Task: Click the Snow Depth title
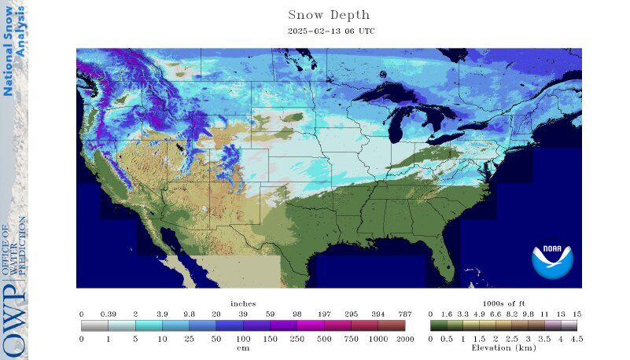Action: click(x=329, y=15)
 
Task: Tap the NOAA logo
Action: click(x=552, y=260)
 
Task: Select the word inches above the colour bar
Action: click(x=243, y=303)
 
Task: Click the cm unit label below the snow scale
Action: click(x=243, y=347)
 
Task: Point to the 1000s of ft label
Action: click(x=503, y=303)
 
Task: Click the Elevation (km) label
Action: click(x=503, y=347)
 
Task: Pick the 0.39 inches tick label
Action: click(x=108, y=314)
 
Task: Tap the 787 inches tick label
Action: click(x=405, y=314)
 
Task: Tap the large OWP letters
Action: click(x=14, y=323)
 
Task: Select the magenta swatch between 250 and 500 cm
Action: click(x=311, y=325)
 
